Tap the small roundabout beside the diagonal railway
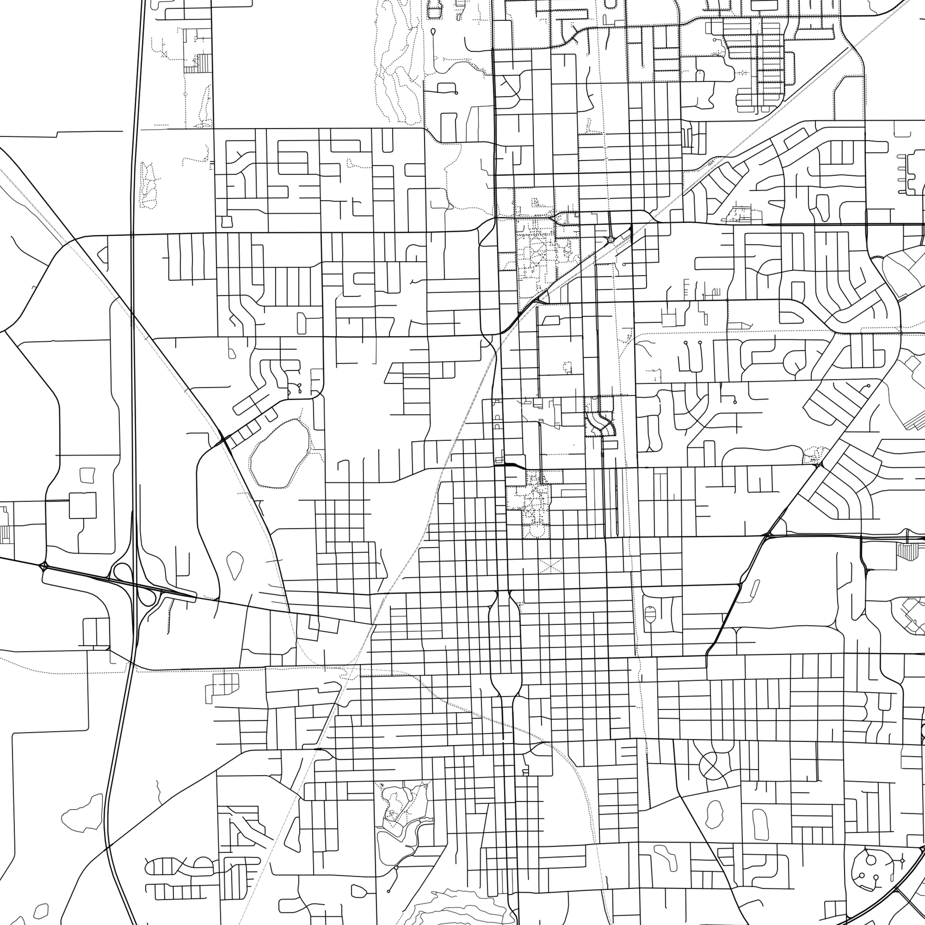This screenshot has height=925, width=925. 610,239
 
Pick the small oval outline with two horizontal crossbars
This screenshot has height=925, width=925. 650,613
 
